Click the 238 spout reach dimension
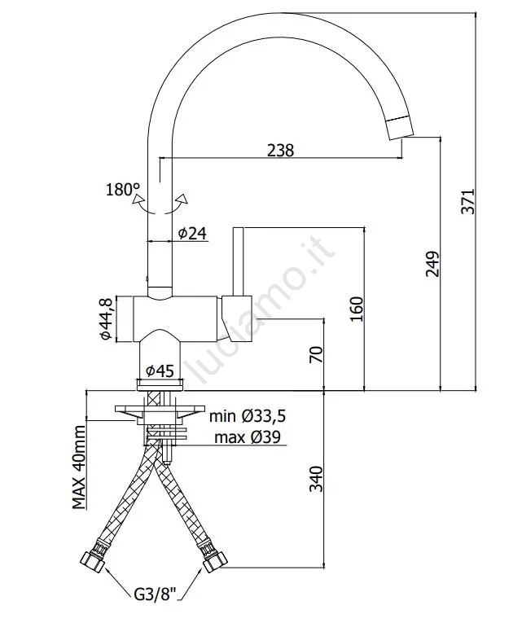point(280,150)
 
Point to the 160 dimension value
point(357,307)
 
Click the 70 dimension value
point(317,354)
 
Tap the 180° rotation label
point(122,191)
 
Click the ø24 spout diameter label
point(191,234)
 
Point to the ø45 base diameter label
point(160,371)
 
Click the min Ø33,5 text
point(248,417)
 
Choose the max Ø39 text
point(250,438)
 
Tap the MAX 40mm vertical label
point(79,467)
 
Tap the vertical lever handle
point(239,261)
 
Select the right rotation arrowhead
point(185,198)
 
